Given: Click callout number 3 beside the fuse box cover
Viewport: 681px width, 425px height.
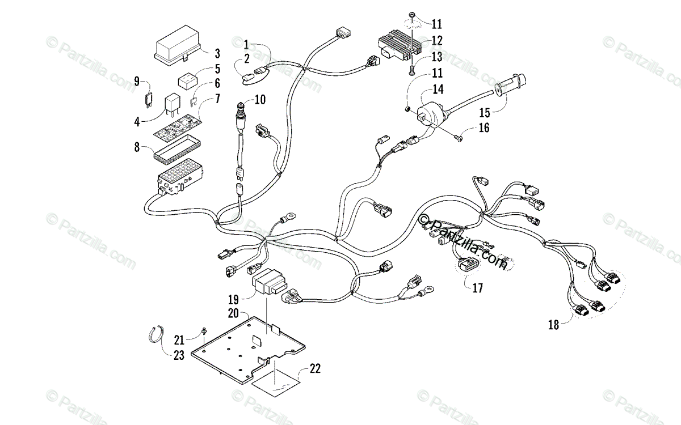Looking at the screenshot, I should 217,54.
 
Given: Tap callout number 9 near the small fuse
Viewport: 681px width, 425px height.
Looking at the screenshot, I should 137,81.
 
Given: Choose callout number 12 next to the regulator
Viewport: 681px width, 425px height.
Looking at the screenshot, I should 436,41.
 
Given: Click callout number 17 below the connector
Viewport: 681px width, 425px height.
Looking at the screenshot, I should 477,288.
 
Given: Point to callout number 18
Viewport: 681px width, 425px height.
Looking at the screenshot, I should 553,325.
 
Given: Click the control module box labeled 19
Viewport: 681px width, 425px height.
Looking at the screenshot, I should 270,283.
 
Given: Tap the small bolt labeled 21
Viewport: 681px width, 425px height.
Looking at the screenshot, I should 204,331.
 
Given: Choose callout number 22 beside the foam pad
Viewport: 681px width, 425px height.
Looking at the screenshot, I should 314,369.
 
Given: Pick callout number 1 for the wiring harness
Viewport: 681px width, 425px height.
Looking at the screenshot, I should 246,44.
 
